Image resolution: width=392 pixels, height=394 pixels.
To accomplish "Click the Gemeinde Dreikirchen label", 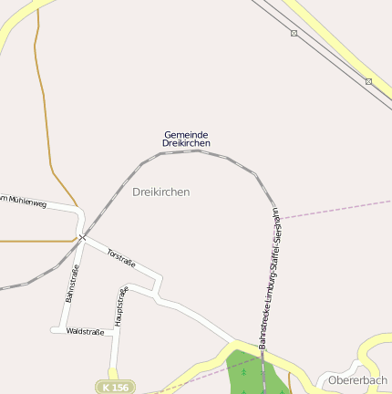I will pos(186,140).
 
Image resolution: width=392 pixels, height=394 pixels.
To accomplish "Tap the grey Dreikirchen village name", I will pos(160,192).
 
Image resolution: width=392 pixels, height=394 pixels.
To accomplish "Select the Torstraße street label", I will pos(121,257).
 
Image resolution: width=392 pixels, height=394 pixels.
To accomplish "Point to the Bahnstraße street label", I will pos(72,284).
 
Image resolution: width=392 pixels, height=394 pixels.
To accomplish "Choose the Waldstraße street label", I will pos(85,331).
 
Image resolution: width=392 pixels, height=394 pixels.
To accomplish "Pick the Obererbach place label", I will pos(358,379).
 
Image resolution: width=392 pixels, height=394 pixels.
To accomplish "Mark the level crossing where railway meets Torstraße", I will pos(82,237).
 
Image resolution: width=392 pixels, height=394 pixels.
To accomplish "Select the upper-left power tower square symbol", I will pos(294,33).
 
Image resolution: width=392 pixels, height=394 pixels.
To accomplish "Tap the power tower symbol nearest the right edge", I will pos(368,81).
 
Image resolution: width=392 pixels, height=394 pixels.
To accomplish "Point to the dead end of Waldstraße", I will pos(52,330).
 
